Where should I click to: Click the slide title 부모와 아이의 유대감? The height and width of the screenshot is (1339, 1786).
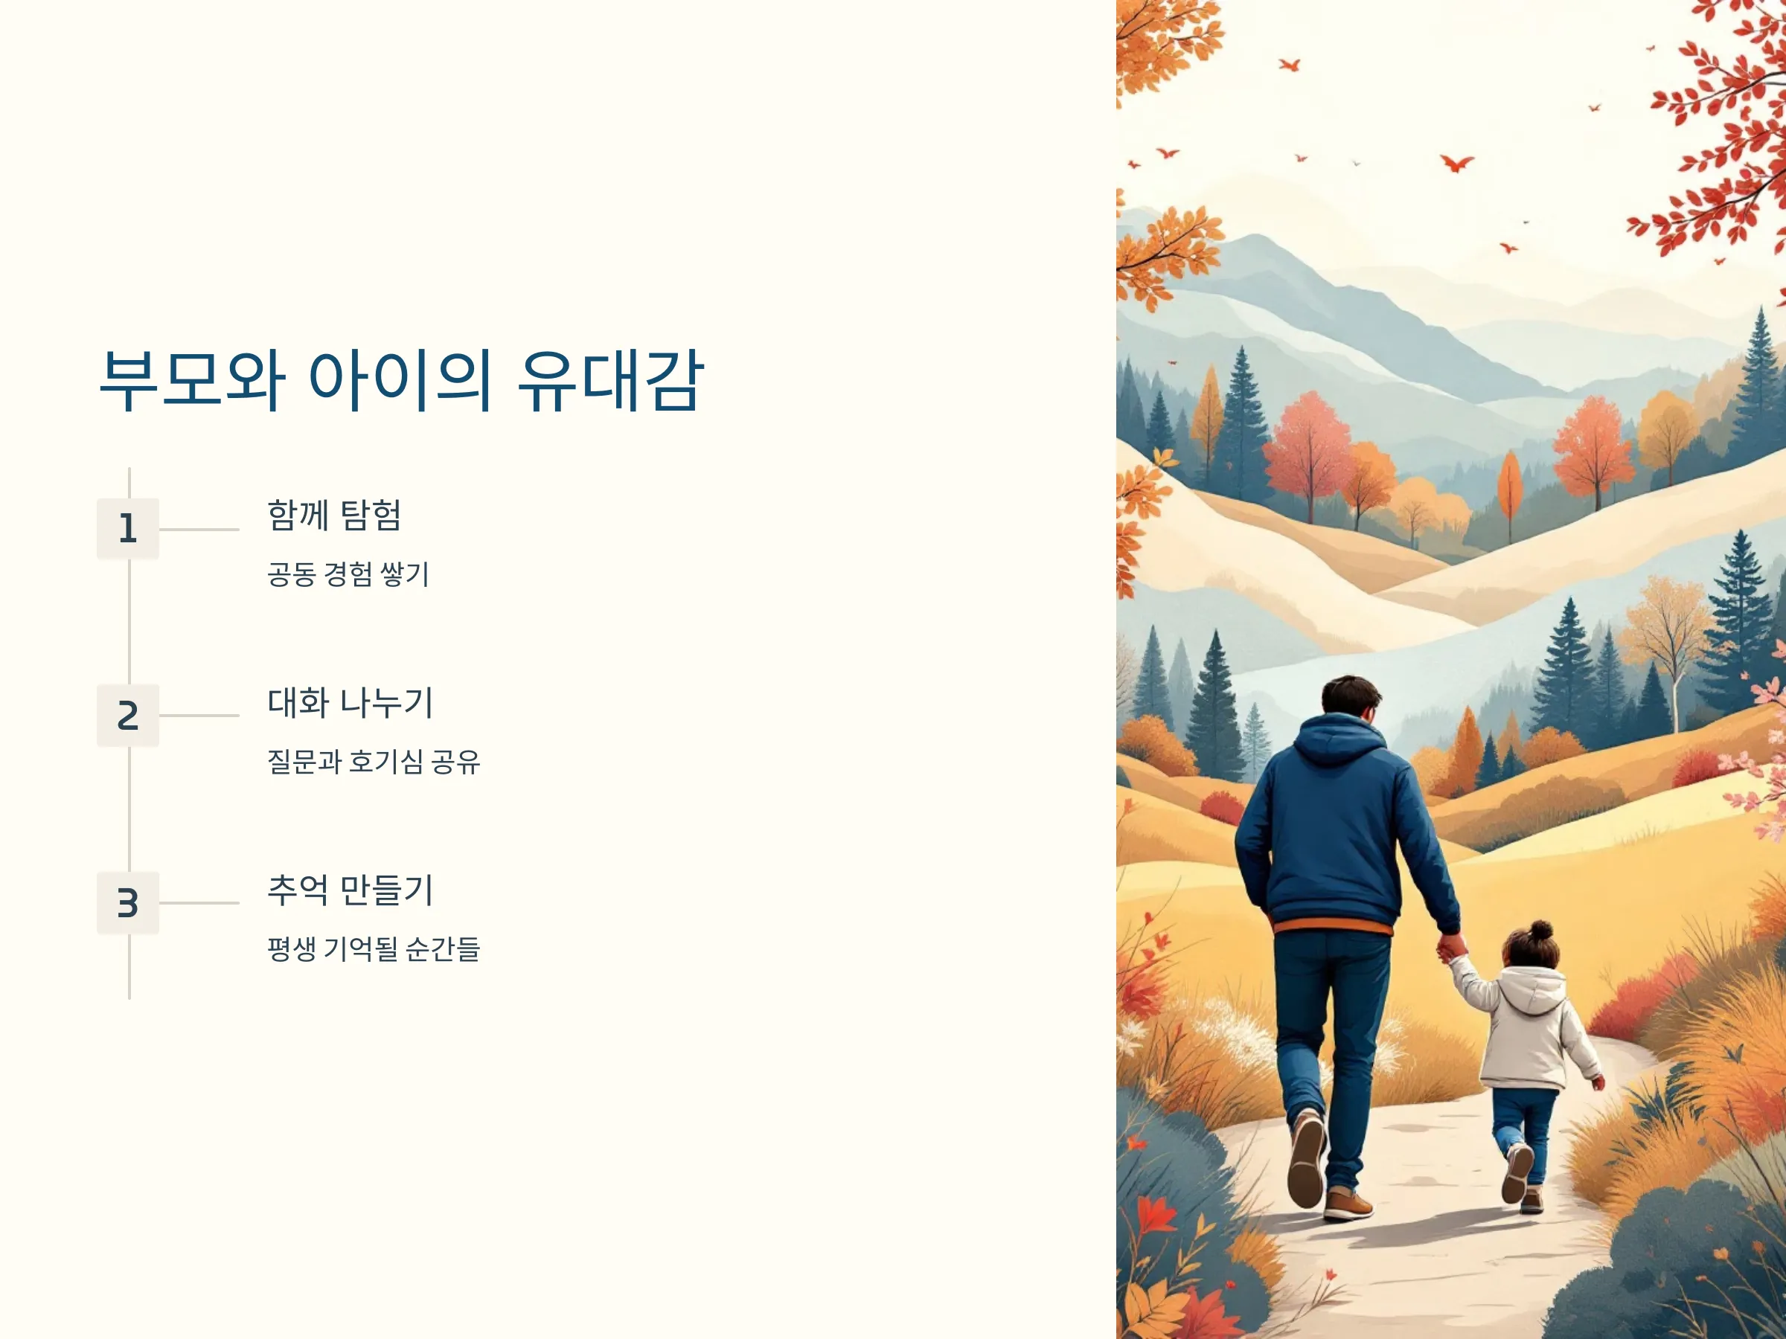[x=401, y=380]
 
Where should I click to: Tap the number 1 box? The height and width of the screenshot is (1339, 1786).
[x=127, y=529]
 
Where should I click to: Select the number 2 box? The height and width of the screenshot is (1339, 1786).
[x=127, y=716]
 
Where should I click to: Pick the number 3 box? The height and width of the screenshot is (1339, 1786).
[x=127, y=902]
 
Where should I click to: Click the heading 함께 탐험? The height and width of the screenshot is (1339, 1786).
[x=334, y=515]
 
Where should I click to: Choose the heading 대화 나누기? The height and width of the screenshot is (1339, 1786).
[x=351, y=702]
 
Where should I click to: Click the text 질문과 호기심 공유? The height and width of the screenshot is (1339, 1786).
[x=374, y=761]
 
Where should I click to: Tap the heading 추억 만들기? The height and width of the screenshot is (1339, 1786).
[x=351, y=890]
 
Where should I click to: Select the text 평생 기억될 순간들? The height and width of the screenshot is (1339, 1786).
[x=374, y=948]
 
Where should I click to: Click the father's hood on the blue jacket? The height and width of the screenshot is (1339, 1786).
[x=1337, y=742]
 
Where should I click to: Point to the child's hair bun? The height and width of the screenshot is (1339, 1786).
[x=1541, y=931]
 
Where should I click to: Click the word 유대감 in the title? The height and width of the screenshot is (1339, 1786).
[x=611, y=380]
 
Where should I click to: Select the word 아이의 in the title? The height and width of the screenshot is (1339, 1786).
[x=400, y=380]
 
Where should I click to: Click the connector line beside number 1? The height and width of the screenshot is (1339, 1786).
[x=199, y=530]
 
